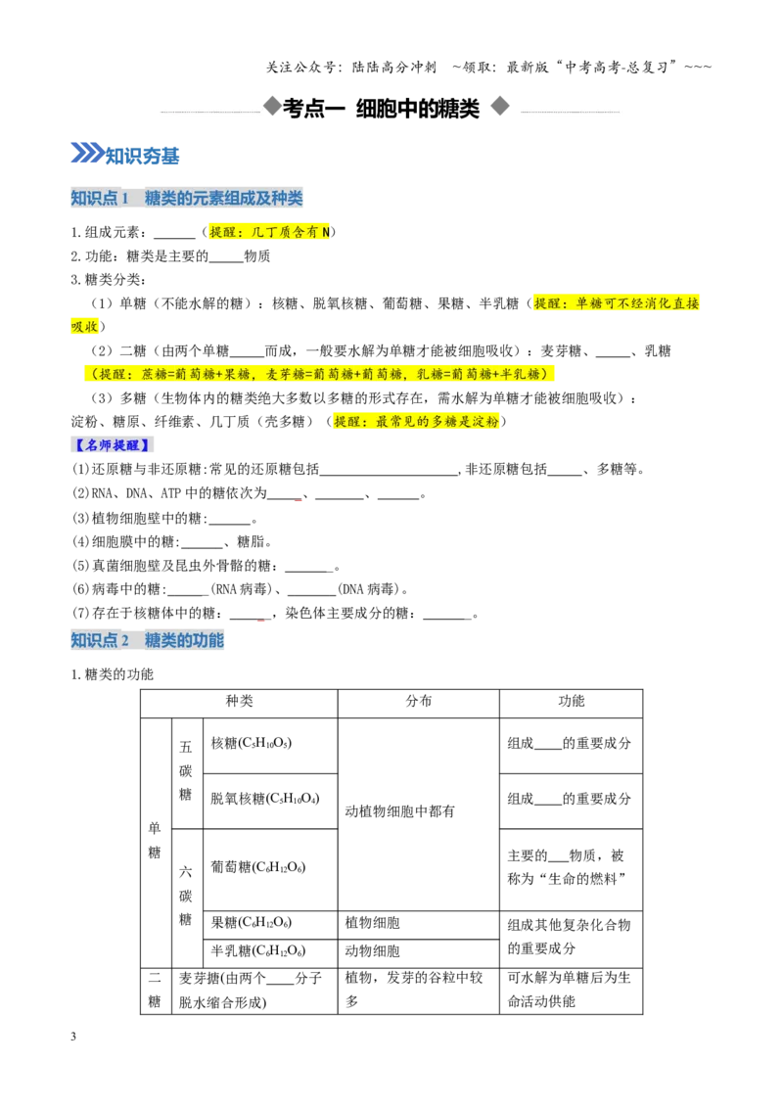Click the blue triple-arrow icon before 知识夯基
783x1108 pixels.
point(87,153)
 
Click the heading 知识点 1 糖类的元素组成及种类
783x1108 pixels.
point(187,198)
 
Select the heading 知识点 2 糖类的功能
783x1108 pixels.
point(147,640)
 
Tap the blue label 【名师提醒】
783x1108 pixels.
point(113,445)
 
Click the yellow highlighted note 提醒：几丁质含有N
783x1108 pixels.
point(269,232)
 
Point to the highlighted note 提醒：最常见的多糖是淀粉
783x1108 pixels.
point(416,422)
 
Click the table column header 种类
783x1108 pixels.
point(239,701)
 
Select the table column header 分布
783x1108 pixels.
point(418,701)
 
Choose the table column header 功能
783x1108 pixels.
point(571,701)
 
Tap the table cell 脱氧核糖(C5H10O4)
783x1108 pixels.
point(265,799)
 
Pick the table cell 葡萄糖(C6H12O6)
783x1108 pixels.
point(258,867)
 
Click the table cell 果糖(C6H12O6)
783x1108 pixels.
point(252,923)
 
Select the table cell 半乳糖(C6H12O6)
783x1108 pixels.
point(258,951)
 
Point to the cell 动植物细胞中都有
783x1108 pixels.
point(400,811)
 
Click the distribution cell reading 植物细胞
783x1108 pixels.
point(373,923)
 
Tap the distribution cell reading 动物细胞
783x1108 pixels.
point(373,951)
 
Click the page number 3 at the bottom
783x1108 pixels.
point(73,1037)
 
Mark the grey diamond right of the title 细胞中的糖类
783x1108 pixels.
point(500,106)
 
